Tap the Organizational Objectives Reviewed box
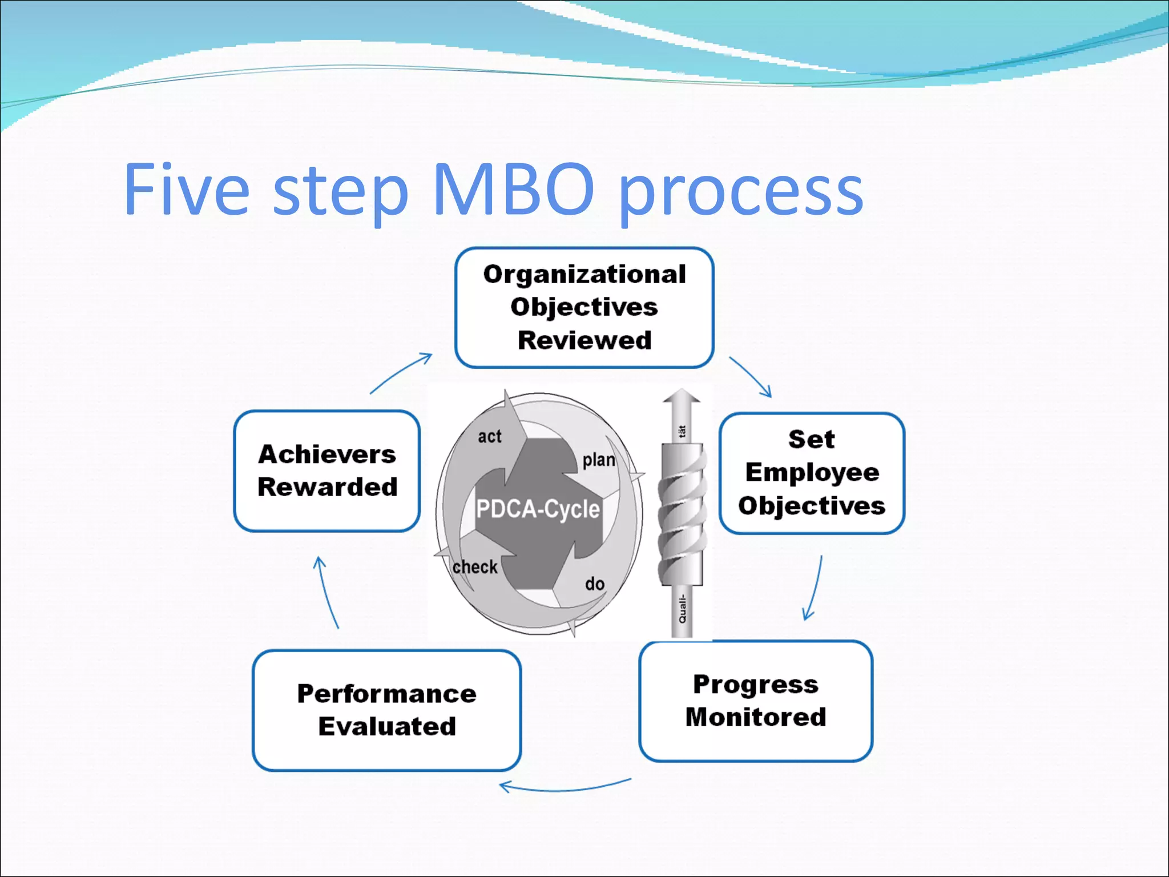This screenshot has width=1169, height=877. click(x=584, y=307)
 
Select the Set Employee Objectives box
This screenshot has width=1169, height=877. click(x=811, y=473)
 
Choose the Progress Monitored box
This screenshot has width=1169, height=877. click(x=755, y=701)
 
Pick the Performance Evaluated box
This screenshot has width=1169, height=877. click(x=386, y=710)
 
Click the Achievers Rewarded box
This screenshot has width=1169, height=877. click(x=326, y=470)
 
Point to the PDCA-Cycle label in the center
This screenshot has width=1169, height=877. click(x=538, y=509)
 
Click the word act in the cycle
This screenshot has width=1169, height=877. click(x=489, y=437)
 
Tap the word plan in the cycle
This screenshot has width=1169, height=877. click(x=598, y=460)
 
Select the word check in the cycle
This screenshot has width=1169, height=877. click(x=475, y=567)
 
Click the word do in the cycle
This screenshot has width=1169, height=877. click(x=594, y=584)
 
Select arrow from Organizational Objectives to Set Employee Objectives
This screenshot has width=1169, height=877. click(x=751, y=376)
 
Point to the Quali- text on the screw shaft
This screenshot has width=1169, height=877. click(x=682, y=609)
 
